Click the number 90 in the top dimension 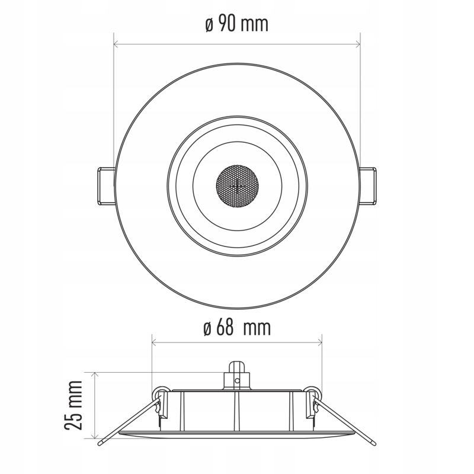pos(228,24)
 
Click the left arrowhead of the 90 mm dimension pos(116,44)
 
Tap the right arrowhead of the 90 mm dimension pos(357,44)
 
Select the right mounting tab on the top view pos(369,186)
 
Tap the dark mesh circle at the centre pos(237,186)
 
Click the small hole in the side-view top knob pos(237,381)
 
